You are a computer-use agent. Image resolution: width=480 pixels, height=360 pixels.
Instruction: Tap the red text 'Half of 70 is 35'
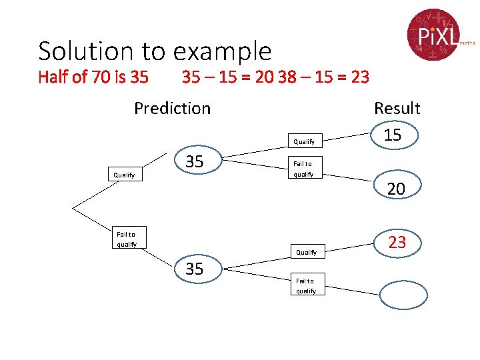pyautogui.click(x=93, y=77)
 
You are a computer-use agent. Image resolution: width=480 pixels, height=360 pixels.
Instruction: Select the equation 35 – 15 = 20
pyautogui.click(x=227, y=77)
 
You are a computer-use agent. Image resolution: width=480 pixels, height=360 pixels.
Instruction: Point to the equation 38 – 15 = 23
pyautogui.click(x=323, y=77)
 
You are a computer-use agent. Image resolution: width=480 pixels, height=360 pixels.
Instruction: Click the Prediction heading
pyautogui.click(x=172, y=108)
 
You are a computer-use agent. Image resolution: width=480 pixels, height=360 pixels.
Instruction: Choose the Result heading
pyautogui.click(x=397, y=108)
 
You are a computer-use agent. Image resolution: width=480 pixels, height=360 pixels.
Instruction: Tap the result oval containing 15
pyautogui.click(x=393, y=135)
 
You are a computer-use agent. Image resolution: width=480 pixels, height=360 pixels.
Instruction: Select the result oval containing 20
pyautogui.click(x=396, y=189)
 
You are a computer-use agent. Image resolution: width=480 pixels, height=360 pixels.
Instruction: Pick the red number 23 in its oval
pyautogui.click(x=397, y=243)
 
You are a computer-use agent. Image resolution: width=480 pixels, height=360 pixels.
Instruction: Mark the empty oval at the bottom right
pyautogui.click(x=402, y=295)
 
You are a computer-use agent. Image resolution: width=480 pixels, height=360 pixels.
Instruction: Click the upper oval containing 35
pyautogui.click(x=195, y=161)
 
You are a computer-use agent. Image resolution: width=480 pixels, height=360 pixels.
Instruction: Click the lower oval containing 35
pyautogui.click(x=195, y=269)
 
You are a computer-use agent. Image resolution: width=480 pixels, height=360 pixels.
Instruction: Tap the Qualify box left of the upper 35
pyautogui.click(x=125, y=175)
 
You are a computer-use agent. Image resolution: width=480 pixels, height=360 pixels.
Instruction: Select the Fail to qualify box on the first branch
pyautogui.click(x=126, y=239)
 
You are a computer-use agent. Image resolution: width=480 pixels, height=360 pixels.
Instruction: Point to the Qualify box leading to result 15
pyautogui.click(x=304, y=141)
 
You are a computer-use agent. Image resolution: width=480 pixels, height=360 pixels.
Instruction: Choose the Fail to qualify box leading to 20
pyautogui.click(x=303, y=169)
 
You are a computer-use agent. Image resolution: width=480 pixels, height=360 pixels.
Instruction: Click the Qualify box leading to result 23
pyautogui.click(x=306, y=252)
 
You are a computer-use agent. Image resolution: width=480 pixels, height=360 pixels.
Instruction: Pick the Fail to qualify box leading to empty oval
pyautogui.click(x=306, y=285)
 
